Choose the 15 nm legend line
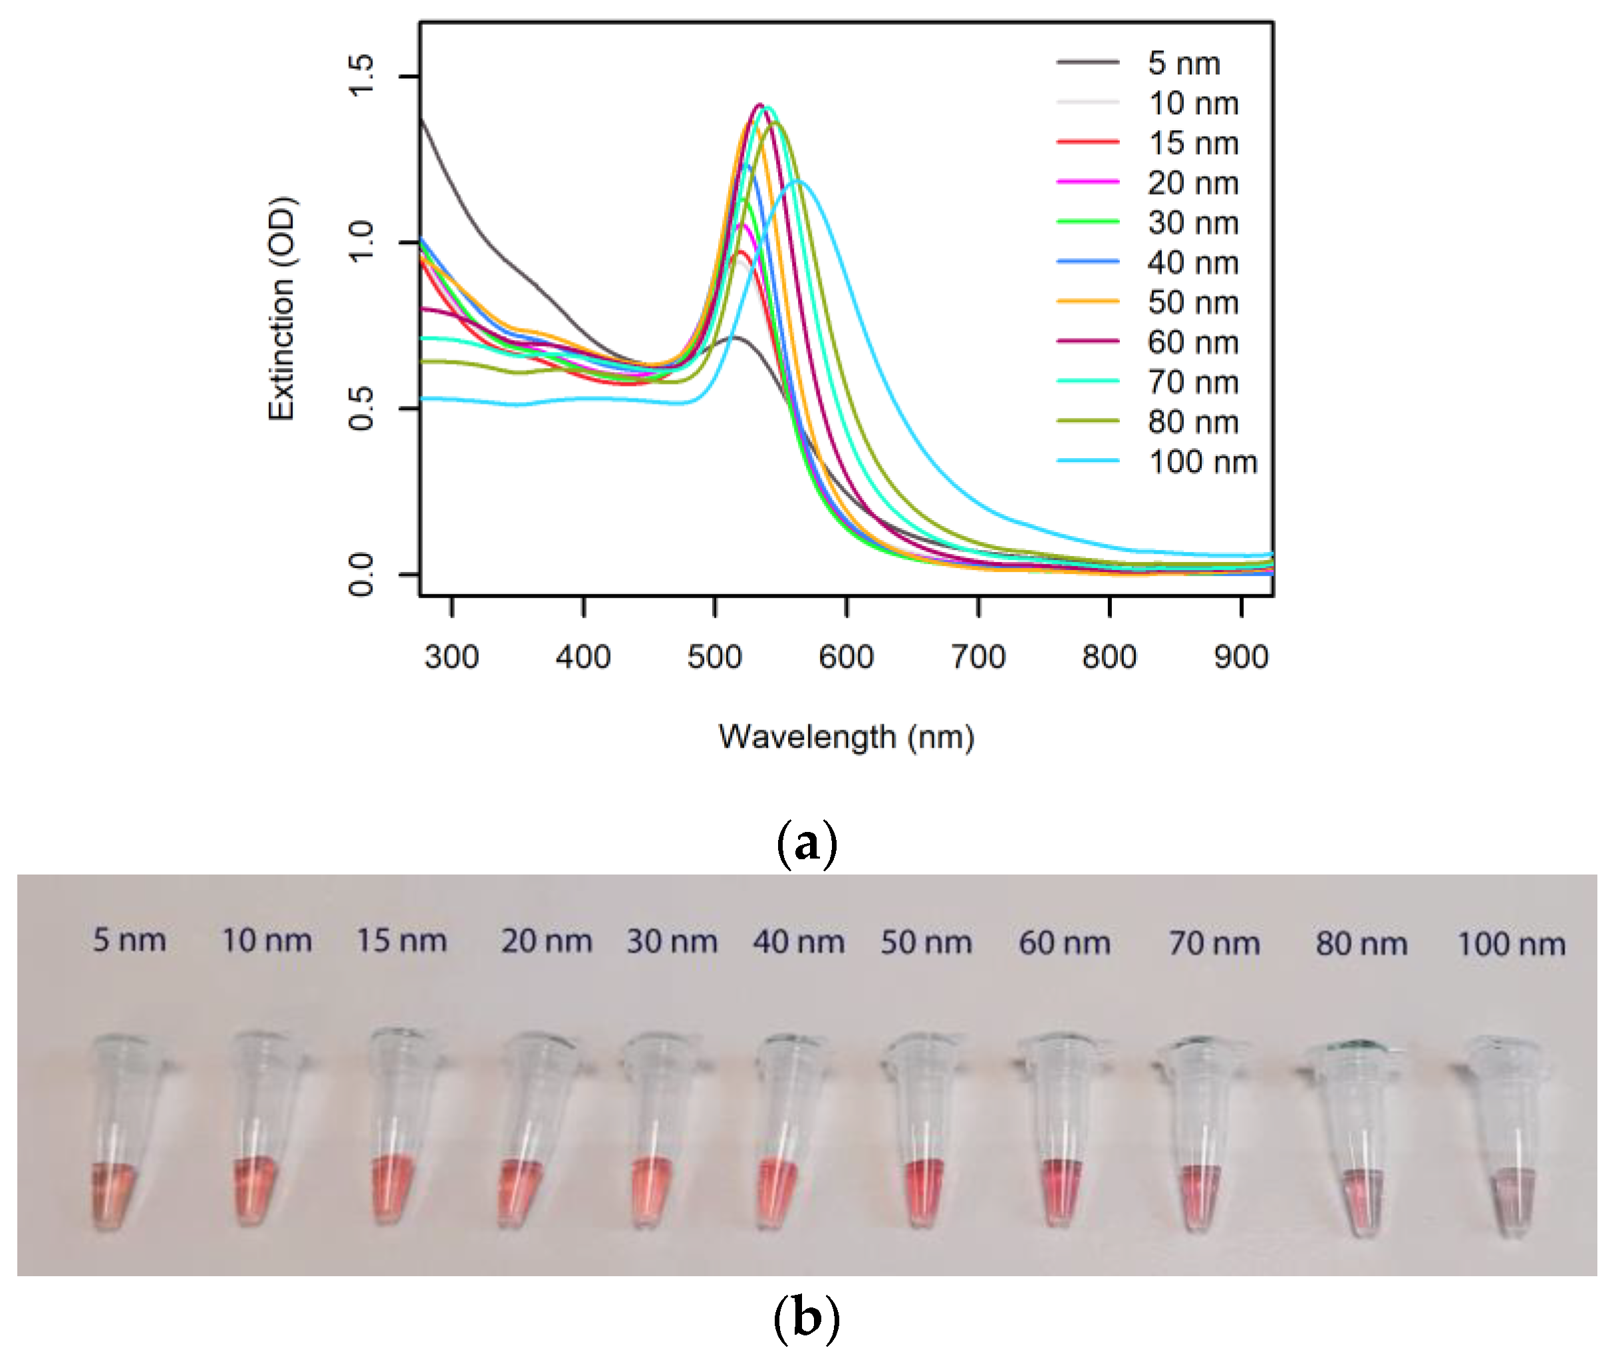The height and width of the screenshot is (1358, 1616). (1088, 142)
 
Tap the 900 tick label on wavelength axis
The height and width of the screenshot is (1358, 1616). (1241, 656)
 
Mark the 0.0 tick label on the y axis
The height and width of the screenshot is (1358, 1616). (360, 575)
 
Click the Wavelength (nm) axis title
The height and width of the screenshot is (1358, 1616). (846, 737)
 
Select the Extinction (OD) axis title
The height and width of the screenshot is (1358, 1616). (281, 308)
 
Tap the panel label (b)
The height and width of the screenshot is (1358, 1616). (806, 1317)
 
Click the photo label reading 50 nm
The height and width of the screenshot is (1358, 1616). (926, 942)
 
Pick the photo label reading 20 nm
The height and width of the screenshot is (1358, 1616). (546, 941)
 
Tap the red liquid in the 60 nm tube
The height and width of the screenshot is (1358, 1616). (1061, 1189)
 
